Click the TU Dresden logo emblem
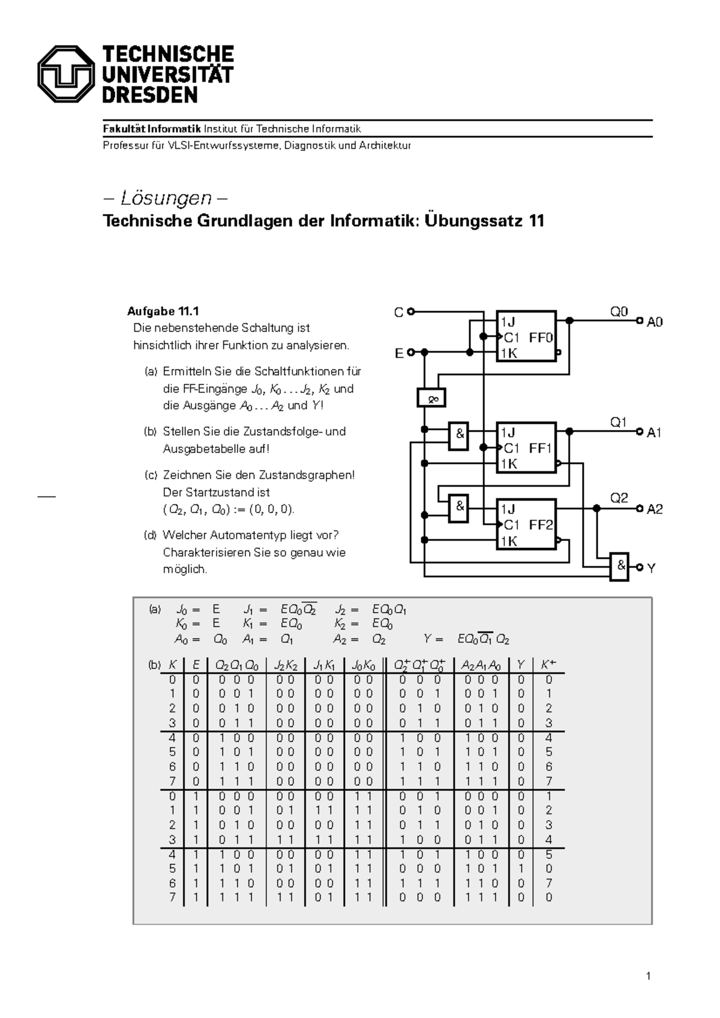coord(65,74)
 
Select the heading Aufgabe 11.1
coord(163,311)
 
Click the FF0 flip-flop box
coord(526,336)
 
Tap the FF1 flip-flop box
coord(526,447)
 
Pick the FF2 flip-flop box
coord(526,525)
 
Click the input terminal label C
coord(398,312)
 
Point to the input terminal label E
coord(399,354)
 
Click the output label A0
coord(654,322)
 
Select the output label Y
coord(651,568)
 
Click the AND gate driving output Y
coord(619,566)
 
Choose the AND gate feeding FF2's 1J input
coord(459,507)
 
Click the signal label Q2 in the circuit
coord(619,498)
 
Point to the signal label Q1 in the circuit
coord(619,422)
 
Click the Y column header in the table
coord(521,664)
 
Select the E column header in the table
coord(196,664)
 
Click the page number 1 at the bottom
coord(648,976)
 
